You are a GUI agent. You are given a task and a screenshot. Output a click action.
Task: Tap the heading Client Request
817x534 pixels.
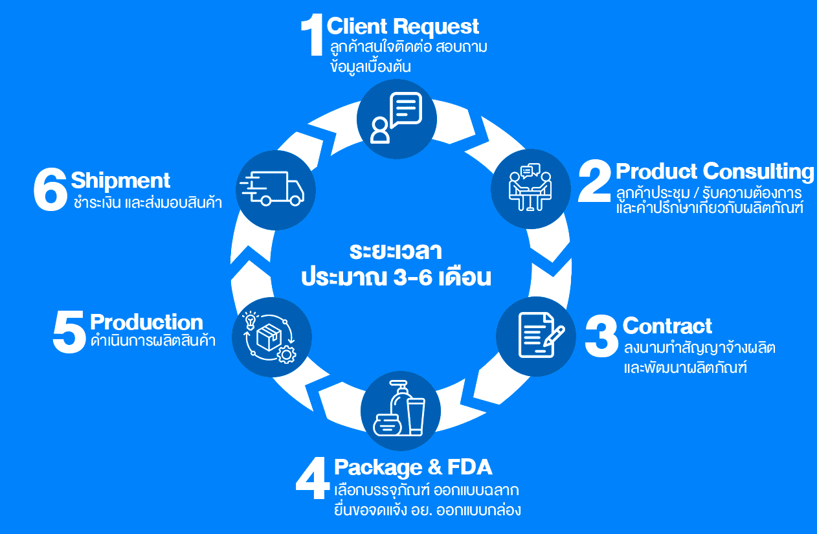[403, 27]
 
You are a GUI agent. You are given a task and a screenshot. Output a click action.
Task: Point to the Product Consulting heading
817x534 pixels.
[715, 172]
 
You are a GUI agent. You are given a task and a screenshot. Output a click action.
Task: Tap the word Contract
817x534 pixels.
[667, 326]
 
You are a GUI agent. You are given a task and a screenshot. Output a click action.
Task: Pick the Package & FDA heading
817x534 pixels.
[413, 467]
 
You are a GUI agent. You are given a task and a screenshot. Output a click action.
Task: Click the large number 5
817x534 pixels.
[69, 333]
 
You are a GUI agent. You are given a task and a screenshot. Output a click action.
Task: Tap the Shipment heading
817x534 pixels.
[120, 180]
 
